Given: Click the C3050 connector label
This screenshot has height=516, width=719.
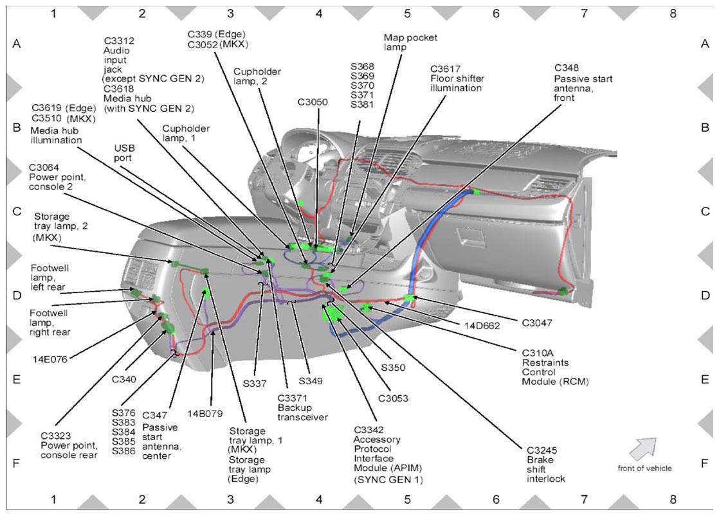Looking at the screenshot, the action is coord(313,102).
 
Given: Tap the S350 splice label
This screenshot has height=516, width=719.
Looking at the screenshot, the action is coord(393,368).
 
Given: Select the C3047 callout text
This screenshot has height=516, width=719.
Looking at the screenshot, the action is coord(537,323).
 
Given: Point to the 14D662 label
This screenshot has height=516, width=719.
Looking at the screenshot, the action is coord(482,326).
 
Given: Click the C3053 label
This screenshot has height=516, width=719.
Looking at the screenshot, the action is coord(393,398).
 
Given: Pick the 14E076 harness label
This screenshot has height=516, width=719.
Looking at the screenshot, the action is coord(50,359).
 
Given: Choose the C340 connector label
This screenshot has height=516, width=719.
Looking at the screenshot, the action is coord(124,379).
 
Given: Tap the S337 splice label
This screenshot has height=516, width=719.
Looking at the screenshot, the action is coord(255,383).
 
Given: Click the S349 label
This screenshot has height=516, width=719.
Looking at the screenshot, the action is coord(311,381).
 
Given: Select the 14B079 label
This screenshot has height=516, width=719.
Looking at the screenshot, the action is coord(205,414).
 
